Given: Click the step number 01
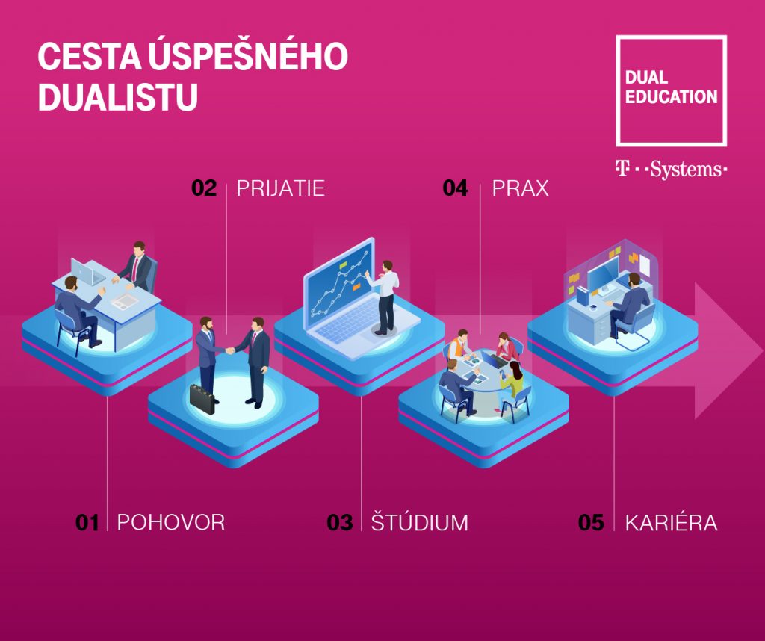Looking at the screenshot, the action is (x=87, y=522).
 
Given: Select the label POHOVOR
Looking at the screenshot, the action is (x=171, y=522).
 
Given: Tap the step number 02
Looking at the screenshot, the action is (x=204, y=188).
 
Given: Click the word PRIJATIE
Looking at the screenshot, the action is (x=281, y=188).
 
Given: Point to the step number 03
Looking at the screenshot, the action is (x=340, y=522).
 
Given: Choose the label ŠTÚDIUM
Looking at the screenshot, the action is (x=420, y=521).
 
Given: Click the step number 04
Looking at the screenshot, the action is (x=455, y=188).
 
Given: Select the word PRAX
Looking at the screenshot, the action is (x=520, y=188).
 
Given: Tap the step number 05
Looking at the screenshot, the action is (x=591, y=522).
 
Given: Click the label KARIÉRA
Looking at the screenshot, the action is (x=672, y=521).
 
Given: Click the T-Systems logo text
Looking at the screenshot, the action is (x=672, y=170).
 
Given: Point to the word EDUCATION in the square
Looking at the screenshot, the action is (x=672, y=96).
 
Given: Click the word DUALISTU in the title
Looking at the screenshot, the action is (x=118, y=97).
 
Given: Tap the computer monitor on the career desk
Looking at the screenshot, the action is (x=603, y=274).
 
